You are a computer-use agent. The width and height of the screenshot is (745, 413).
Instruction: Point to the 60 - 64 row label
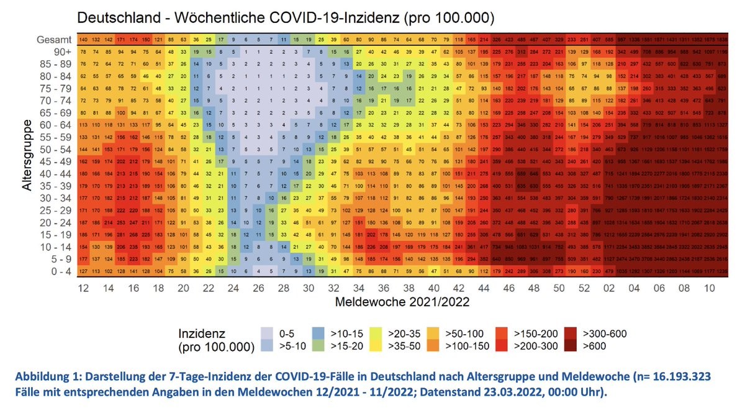56,124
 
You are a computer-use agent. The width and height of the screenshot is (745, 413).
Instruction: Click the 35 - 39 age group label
56,185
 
